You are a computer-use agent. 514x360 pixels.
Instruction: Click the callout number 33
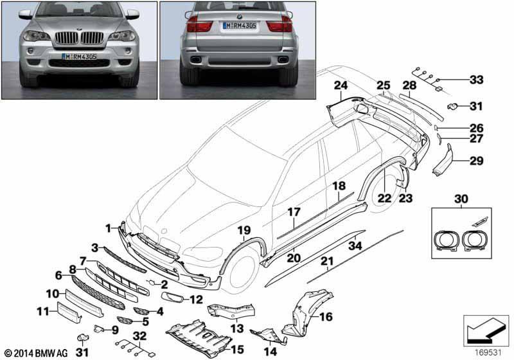click(476, 80)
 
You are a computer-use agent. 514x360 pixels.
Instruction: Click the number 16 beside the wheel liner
click(326, 316)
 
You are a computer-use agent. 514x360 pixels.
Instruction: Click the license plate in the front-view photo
click(79, 57)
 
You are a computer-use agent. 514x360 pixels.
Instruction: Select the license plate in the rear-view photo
click(240, 26)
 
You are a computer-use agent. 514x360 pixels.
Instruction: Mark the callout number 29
click(477, 161)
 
